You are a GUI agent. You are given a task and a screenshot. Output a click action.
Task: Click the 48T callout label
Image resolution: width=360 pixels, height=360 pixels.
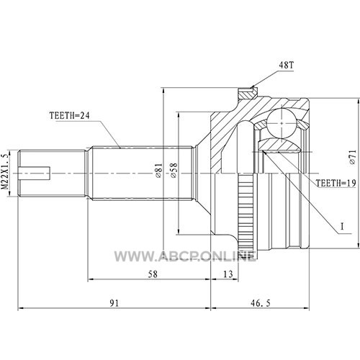point(287,65)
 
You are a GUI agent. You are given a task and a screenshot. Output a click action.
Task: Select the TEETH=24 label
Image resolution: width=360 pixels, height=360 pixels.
point(69,116)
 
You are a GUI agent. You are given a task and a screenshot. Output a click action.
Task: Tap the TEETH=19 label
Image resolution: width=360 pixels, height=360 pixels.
point(336,184)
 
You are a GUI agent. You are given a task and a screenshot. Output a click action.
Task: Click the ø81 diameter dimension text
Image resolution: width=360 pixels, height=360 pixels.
point(158,171)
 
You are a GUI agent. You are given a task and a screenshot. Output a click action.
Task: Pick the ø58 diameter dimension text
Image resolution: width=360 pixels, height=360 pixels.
point(174,171)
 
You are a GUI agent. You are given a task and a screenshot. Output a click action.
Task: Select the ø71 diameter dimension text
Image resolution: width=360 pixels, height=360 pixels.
point(352,157)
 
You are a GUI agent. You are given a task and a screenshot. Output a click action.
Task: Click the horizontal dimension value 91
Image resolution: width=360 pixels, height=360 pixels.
point(114,303)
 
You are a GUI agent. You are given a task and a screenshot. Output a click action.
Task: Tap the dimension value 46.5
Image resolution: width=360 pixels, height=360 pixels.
point(260,303)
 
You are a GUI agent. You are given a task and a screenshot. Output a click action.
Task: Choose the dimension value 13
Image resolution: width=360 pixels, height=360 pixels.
point(228,274)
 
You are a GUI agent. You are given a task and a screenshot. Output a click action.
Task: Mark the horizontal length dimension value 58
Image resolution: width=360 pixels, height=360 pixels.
point(153,274)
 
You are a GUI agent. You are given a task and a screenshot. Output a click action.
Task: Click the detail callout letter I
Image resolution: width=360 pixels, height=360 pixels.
point(342,226)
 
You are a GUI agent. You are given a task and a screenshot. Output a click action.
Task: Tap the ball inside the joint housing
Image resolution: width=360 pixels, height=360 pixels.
point(282,123)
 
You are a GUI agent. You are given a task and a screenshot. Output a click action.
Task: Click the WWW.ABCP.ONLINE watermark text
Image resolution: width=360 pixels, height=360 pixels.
point(184,256)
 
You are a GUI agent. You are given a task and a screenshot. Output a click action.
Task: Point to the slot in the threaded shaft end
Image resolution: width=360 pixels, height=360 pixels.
point(35,174)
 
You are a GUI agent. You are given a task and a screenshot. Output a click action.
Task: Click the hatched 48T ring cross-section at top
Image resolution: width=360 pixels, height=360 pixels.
point(248,93)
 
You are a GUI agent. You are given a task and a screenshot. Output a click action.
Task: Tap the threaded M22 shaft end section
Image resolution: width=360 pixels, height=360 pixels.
point(53,174)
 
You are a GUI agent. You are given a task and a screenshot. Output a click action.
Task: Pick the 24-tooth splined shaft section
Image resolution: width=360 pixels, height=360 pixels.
point(143,174)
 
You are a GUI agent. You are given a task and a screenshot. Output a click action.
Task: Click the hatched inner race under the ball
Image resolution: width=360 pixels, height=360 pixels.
point(279,145)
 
